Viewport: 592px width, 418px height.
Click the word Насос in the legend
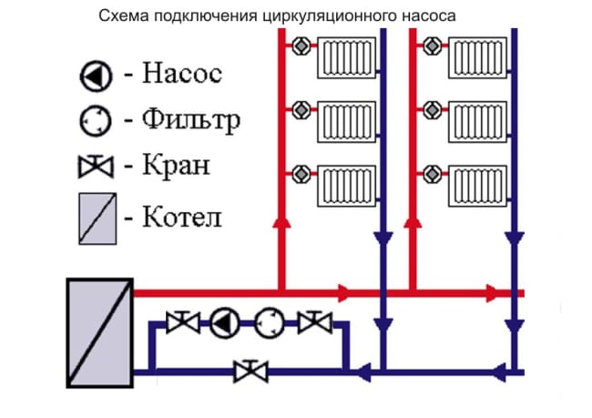click(182, 73)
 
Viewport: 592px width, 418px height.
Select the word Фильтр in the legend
click(193, 120)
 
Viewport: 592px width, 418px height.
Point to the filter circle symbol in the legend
click(95, 120)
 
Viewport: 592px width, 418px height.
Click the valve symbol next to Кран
click(95, 168)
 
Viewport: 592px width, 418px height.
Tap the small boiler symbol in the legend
click(95, 217)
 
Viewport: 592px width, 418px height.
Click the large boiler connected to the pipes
click(99, 332)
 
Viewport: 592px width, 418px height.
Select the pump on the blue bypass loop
click(223, 321)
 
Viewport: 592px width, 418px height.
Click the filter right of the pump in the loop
click(269, 321)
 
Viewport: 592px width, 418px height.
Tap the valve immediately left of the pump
click(182, 321)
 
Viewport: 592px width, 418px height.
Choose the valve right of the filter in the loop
click(315, 321)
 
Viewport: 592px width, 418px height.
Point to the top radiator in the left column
click(345, 56)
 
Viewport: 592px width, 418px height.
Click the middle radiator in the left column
click(345, 118)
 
